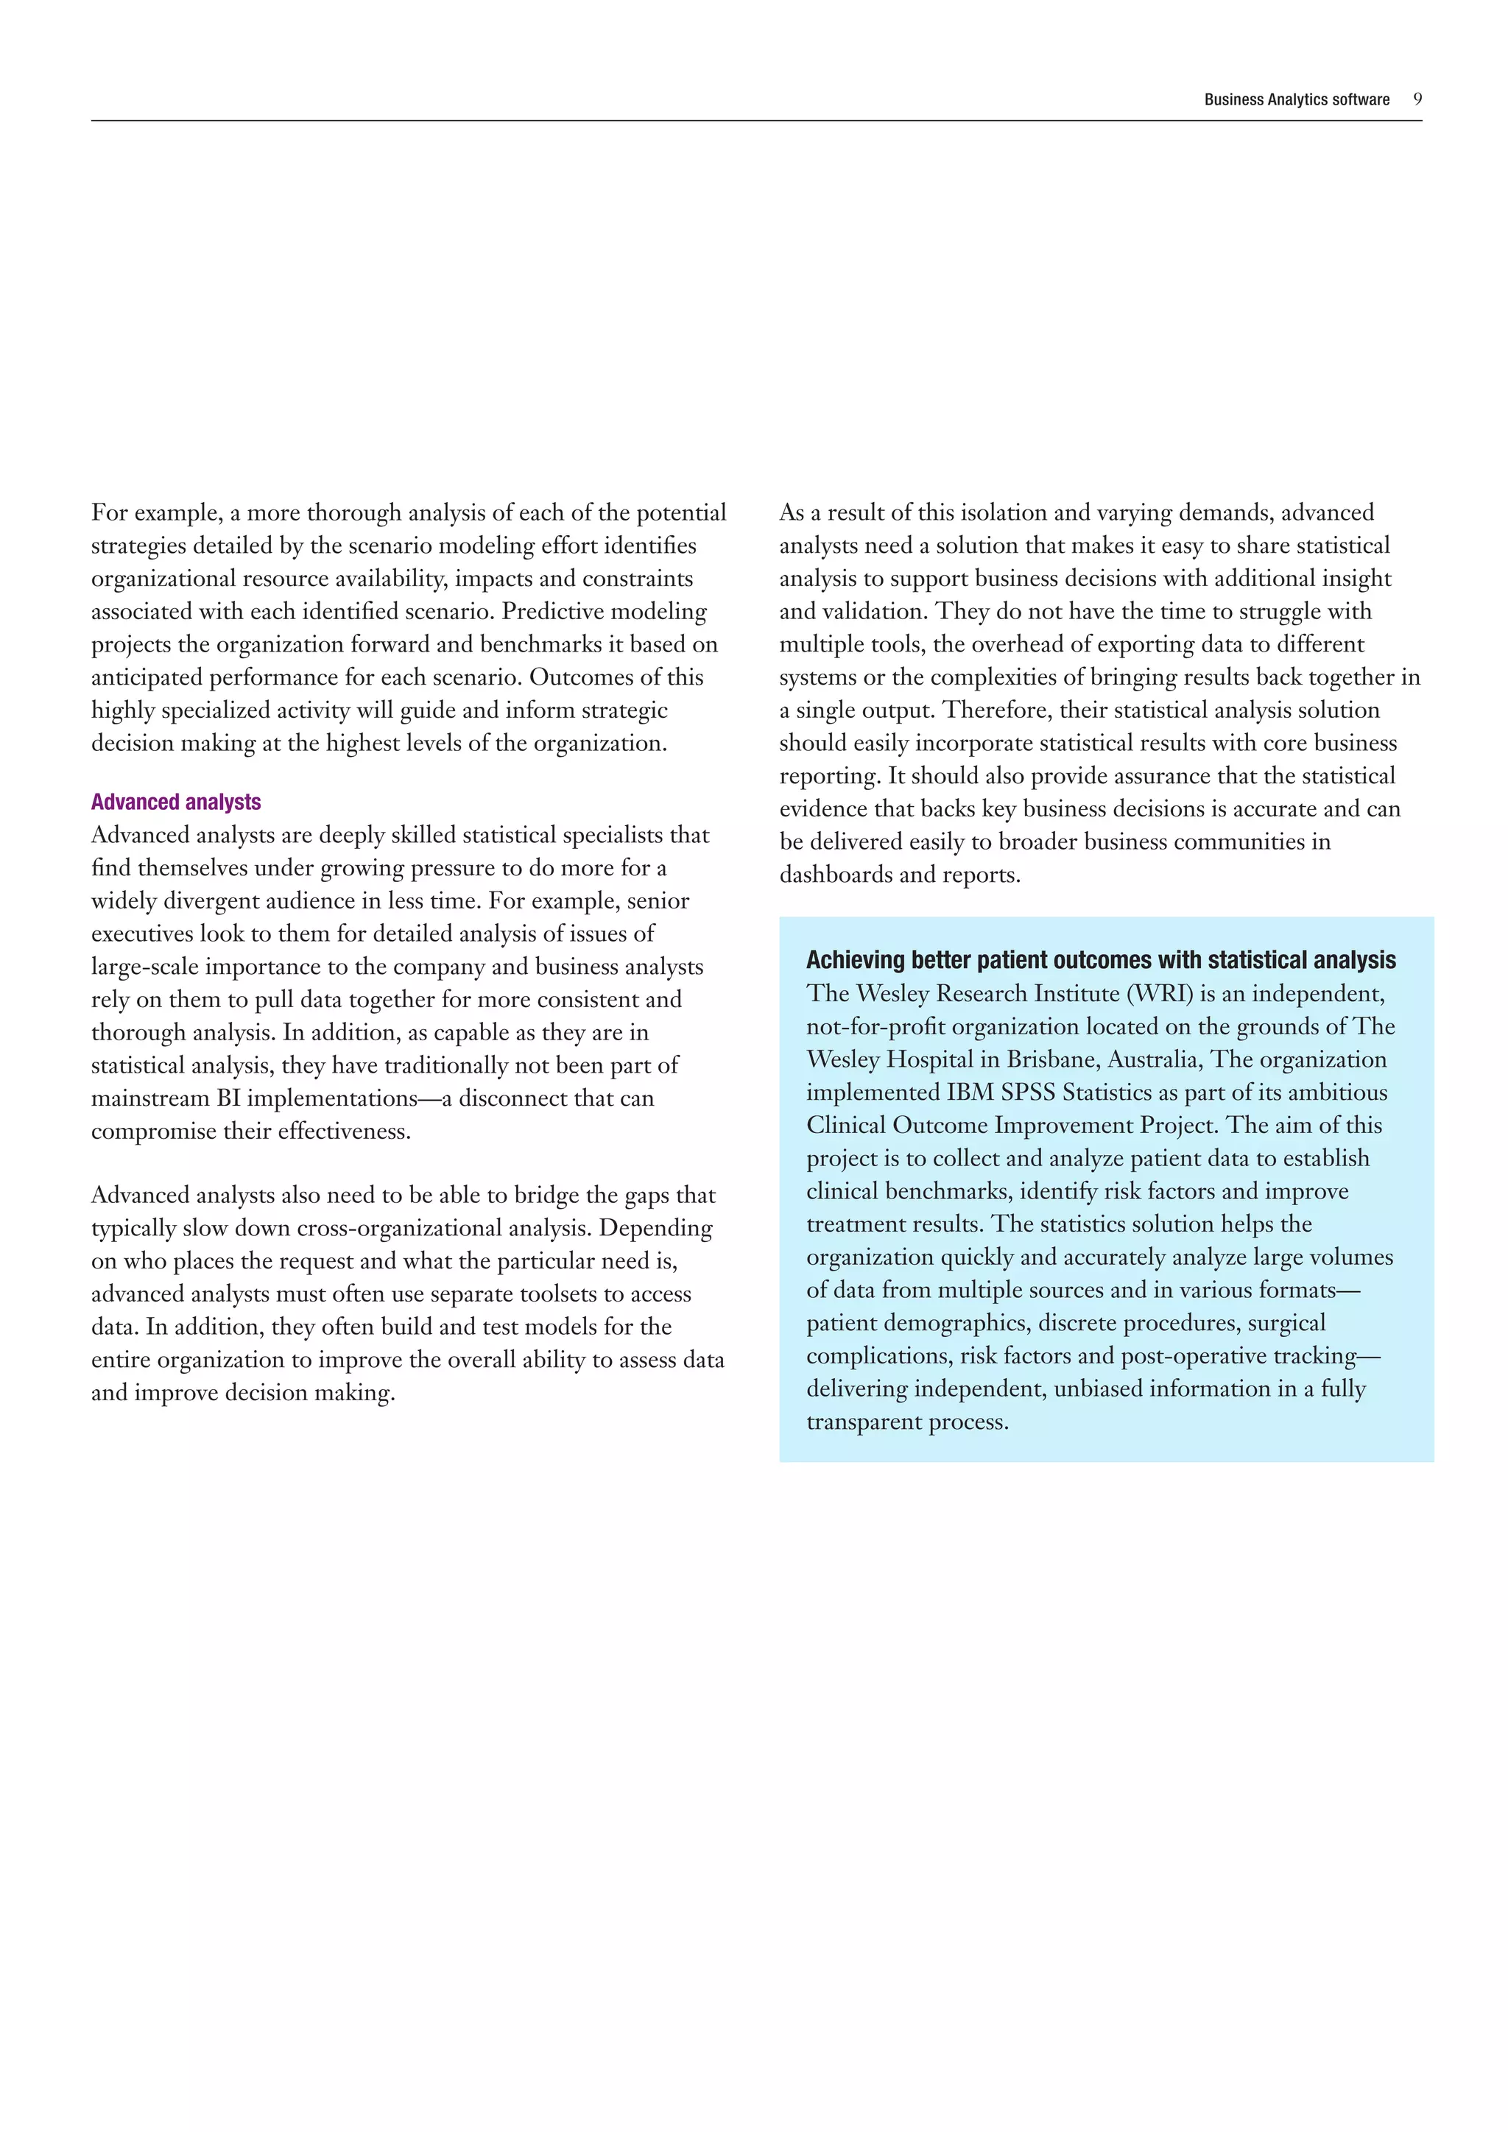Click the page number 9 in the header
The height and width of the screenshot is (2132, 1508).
point(1417,99)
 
